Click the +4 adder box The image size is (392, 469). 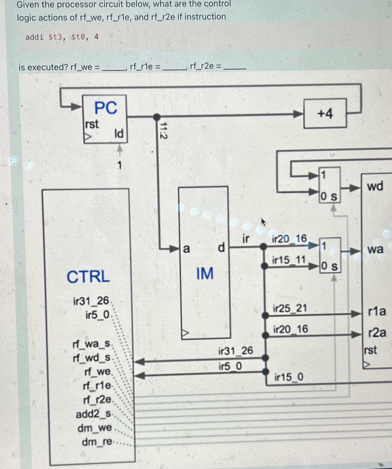coord(325,114)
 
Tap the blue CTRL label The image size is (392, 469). coord(88,277)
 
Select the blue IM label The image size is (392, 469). coord(205,274)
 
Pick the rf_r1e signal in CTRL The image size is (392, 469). coord(97,385)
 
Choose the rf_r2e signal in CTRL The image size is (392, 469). coord(97,399)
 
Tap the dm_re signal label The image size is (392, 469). coord(96,442)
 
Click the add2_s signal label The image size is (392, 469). coord(93,414)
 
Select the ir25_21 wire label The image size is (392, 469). coord(290,308)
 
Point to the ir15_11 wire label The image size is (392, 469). coord(289,260)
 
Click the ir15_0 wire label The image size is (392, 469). coord(289,377)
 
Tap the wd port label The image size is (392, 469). coord(375,186)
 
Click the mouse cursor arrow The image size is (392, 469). coord(263,222)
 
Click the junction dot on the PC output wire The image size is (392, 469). coord(157,117)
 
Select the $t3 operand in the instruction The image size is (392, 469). coord(55,37)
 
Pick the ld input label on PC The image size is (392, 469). coord(119,133)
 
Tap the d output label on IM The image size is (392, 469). coord(221,248)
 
